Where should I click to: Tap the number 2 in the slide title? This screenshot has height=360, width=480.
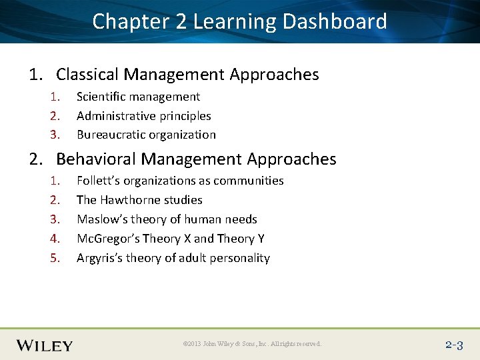click(x=181, y=21)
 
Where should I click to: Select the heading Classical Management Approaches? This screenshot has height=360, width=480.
click(x=187, y=75)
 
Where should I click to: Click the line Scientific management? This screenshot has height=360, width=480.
click(x=138, y=97)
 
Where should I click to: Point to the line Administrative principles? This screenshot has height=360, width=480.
click(x=143, y=116)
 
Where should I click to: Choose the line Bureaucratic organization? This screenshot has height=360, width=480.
click(x=146, y=135)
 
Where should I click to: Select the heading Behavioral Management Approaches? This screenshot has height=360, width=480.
click(x=196, y=159)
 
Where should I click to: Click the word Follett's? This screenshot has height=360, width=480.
click(x=98, y=181)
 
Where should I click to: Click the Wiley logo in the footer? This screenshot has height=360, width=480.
click(x=45, y=345)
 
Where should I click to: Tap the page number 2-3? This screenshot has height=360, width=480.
click(x=454, y=345)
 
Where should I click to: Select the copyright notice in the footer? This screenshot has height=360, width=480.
click(x=252, y=344)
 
